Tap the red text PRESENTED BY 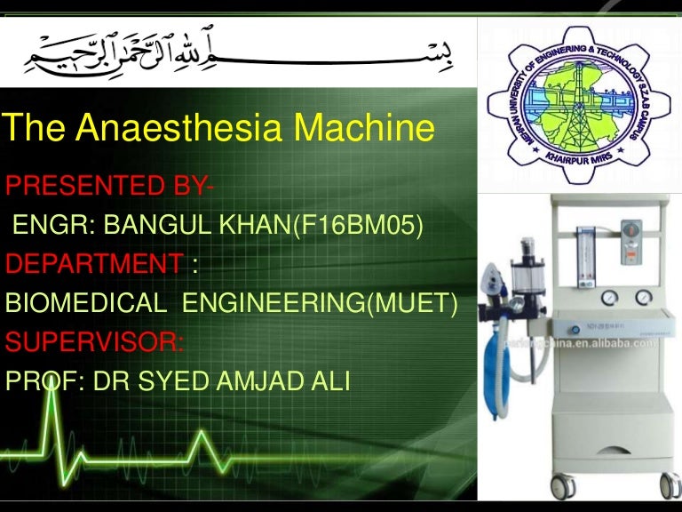pos(107,188)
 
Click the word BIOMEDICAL pos(85,304)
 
